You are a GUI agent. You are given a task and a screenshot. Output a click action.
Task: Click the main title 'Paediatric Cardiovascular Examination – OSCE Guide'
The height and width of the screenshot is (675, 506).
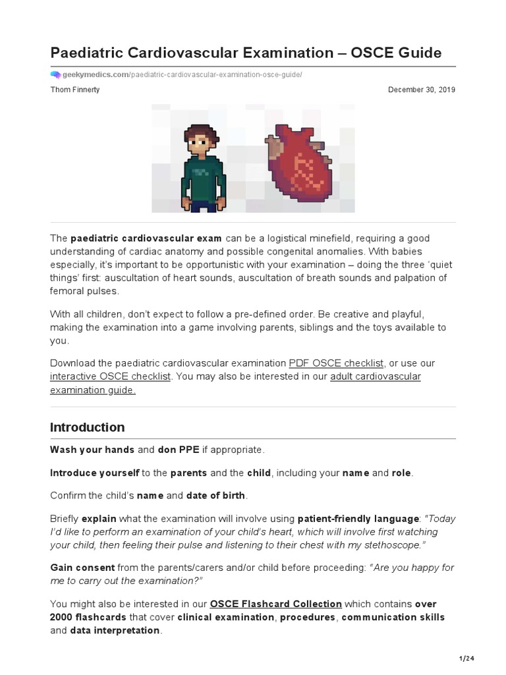(x=246, y=53)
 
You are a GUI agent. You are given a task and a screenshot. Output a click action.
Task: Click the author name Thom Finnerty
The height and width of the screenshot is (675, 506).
(x=75, y=90)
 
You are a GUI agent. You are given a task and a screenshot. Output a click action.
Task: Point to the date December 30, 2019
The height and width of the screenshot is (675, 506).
(x=422, y=90)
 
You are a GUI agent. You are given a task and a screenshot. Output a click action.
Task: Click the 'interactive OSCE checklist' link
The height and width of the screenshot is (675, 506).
(x=110, y=376)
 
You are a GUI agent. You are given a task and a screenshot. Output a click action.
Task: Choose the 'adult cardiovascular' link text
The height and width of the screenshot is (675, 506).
(x=375, y=376)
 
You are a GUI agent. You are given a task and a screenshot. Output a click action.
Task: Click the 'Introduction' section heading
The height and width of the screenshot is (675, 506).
(x=87, y=427)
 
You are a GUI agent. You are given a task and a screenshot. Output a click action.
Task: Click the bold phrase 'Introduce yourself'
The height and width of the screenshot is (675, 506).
(x=95, y=473)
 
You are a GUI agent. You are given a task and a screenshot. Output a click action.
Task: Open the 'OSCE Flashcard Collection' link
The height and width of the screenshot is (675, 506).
(x=275, y=604)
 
